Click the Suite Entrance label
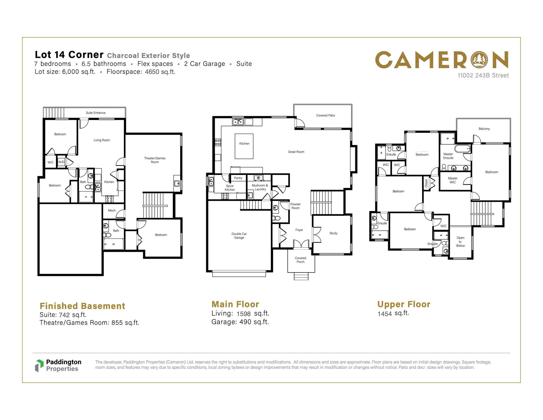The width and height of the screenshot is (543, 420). [x=96, y=113]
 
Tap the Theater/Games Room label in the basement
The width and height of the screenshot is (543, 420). [x=155, y=160]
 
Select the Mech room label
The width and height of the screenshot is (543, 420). [x=112, y=211]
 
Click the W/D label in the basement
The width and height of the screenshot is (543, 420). [x=61, y=162]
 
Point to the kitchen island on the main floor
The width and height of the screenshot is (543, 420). [x=244, y=146]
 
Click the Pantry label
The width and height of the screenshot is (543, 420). [x=238, y=178]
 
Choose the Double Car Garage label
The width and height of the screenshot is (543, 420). [x=239, y=236]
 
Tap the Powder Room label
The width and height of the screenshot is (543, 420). [x=296, y=206]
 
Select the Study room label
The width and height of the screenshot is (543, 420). [x=333, y=233]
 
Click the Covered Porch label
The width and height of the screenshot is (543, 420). [x=301, y=260]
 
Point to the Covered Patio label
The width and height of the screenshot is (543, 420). [x=326, y=115]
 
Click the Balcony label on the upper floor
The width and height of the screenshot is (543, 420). [x=484, y=129]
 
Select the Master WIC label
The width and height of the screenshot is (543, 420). [x=453, y=180]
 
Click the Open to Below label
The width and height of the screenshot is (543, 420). [x=460, y=242]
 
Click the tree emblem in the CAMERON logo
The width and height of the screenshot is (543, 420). [x=480, y=60]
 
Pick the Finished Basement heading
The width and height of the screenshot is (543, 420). [x=82, y=306]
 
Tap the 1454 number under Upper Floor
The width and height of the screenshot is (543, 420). [x=385, y=314]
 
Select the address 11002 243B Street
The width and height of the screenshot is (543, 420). [x=483, y=76]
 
